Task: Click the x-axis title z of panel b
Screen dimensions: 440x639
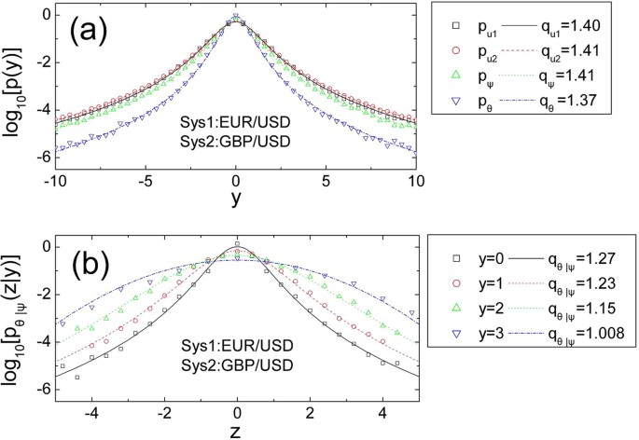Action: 237,431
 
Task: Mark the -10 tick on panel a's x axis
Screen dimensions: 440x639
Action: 55,178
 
